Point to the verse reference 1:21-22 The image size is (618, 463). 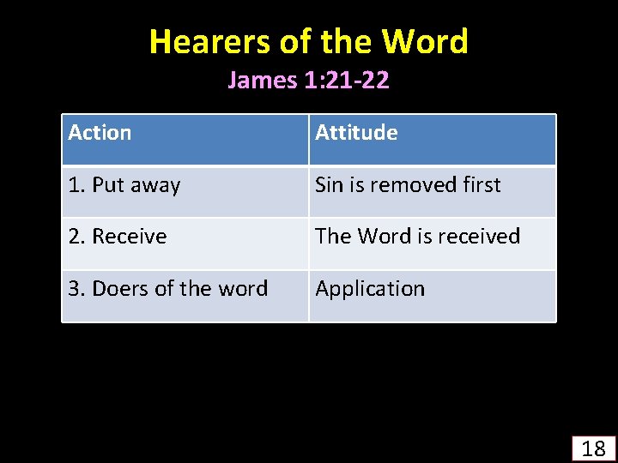point(346,81)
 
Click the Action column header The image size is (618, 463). point(100,133)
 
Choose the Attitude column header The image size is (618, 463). point(356,133)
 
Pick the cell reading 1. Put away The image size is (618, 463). point(124,185)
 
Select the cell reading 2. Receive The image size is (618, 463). point(118,237)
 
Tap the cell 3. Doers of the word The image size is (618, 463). point(168,289)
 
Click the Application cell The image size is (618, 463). point(370,289)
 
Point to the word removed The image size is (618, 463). point(410,185)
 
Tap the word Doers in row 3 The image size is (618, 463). point(120,289)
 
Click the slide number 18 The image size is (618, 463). point(593,448)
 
